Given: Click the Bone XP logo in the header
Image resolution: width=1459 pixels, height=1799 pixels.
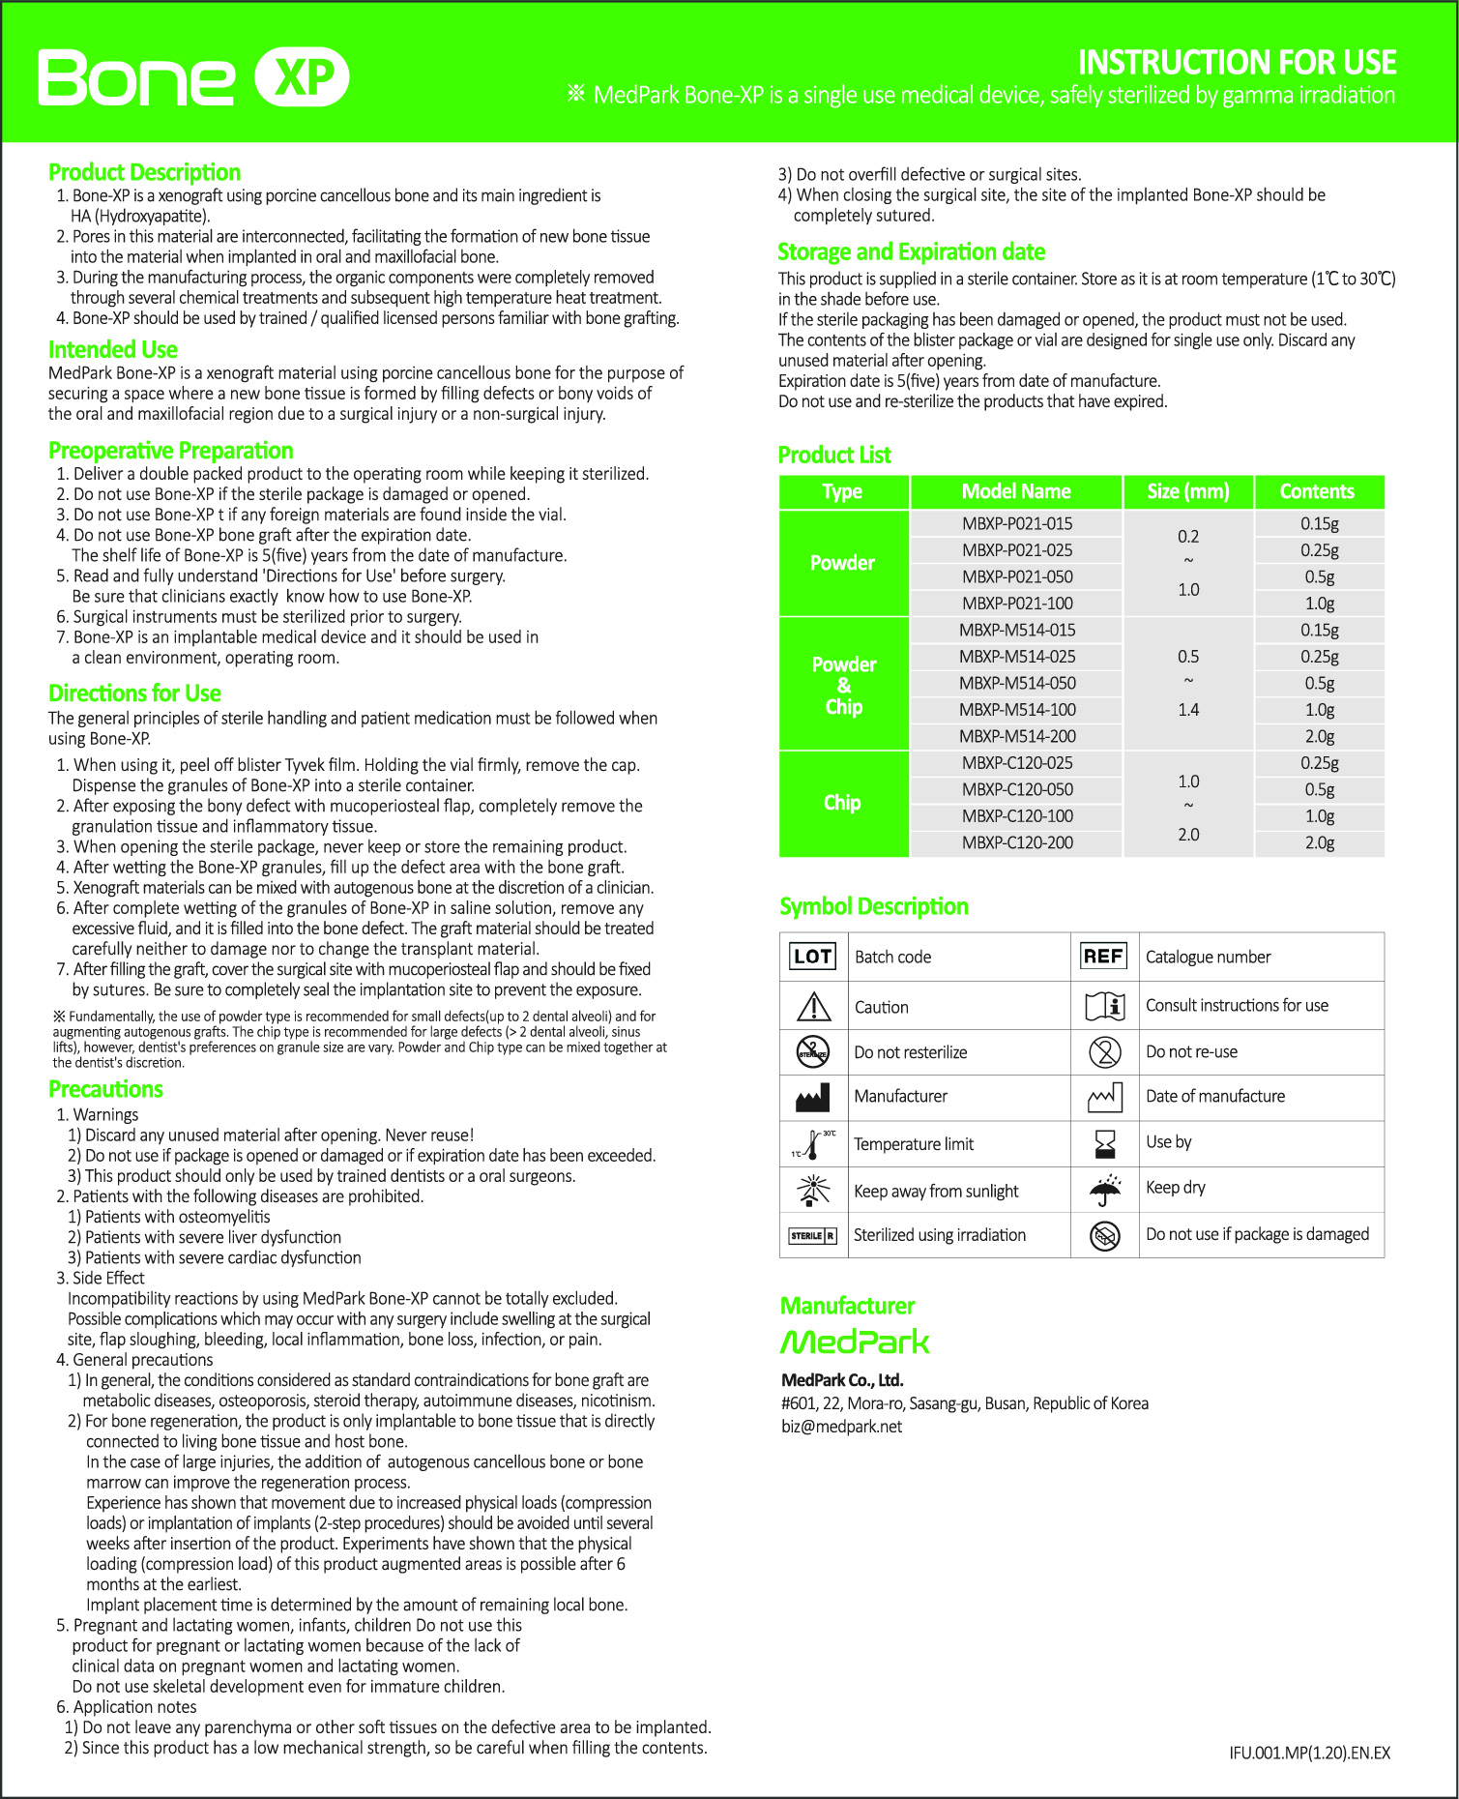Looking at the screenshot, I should tap(193, 77).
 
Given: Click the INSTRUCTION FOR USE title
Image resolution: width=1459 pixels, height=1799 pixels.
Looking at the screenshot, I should tap(1237, 63).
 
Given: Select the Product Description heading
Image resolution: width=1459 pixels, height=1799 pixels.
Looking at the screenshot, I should tap(144, 172).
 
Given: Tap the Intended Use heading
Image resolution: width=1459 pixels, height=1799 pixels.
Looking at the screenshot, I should tap(113, 349).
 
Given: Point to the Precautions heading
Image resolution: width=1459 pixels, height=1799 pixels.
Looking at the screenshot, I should tap(105, 1089).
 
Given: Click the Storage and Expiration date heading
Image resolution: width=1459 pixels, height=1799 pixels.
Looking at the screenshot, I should tap(911, 252).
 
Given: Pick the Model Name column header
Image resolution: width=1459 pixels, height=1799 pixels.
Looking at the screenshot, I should tap(1015, 491).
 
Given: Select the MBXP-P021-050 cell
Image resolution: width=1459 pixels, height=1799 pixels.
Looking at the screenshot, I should tap(1017, 576).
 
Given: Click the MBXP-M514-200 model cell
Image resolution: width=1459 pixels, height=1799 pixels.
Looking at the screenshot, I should tap(1017, 736).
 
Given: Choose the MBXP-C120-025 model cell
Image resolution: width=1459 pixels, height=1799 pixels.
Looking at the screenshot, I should tap(1017, 763).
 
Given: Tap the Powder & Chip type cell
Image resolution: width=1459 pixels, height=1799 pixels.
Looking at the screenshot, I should tap(843, 685).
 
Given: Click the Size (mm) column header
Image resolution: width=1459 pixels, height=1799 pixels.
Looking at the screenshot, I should tap(1187, 491).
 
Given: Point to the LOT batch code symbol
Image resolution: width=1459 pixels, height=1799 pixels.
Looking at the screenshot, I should tap(812, 957).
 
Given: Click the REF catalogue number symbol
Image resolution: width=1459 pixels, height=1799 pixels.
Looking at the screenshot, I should tap(1103, 957).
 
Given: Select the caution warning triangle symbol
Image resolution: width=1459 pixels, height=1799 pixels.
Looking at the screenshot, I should tap(813, 1007).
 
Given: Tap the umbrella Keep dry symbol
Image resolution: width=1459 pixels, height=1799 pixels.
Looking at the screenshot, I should tap(1104, 1189).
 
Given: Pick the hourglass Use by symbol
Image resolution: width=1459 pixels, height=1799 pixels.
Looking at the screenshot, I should tap(1104, 1143).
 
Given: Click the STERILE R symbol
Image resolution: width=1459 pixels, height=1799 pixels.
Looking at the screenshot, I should tap(812, 1235).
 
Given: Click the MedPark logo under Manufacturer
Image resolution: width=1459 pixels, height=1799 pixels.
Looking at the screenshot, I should tap(855, 1342).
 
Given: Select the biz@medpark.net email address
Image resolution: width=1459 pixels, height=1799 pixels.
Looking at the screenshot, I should tap(841, 1427).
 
